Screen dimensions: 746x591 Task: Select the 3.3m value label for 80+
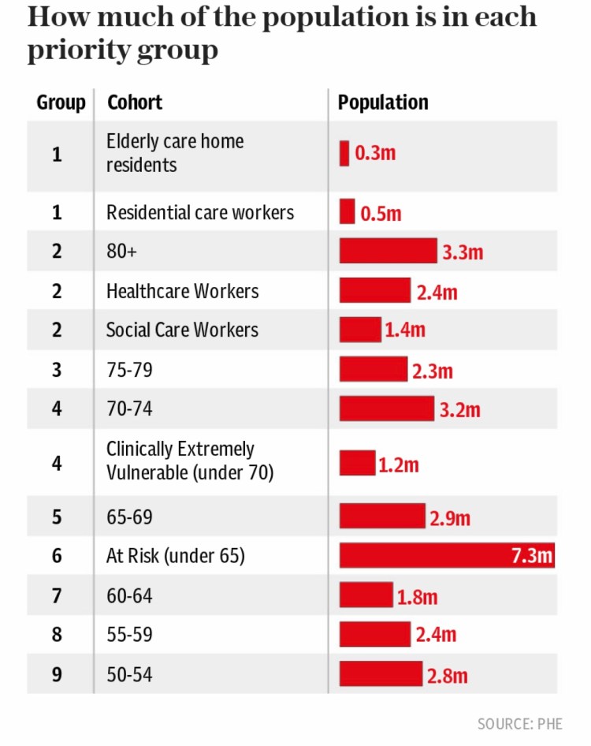point(463,252)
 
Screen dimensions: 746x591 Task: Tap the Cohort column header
point(135,103)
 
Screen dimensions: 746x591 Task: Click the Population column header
point(383,103)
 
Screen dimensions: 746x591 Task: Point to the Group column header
point(61,103)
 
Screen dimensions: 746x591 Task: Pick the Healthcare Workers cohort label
point(182,291)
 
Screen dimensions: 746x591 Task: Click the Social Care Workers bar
point(360,330)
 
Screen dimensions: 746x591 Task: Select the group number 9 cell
point(57,675)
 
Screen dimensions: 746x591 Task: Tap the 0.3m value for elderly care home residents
point(375,153)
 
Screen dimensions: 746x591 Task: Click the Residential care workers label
point(200,212)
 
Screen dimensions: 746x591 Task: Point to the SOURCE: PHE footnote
point(519,723)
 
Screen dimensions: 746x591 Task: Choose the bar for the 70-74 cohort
point(387,408)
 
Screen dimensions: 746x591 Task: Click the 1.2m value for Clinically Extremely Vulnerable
point(398,464)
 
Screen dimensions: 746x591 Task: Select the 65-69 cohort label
point(129,517)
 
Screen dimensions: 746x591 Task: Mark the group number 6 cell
point(57,555)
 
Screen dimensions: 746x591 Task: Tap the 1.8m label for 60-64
point(417,596)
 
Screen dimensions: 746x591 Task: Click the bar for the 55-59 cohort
point(375,634)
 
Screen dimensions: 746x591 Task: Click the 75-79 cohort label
point(129,369)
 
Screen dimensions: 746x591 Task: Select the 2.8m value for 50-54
point(448,676)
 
